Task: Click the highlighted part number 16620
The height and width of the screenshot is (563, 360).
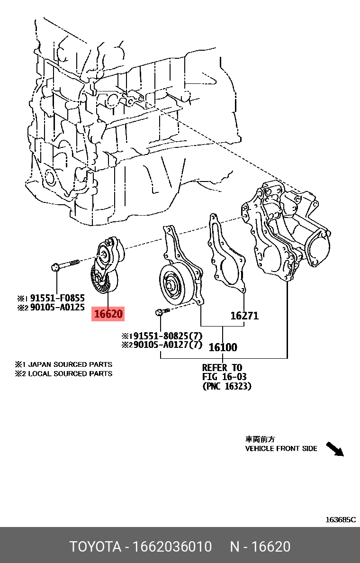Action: point(108,314)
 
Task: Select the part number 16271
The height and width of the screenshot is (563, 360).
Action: point(244,316)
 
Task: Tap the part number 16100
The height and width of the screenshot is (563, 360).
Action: point(223,347)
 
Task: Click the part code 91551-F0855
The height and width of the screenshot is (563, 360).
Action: point(57,298)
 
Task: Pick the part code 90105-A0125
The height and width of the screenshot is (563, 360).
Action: point(57,308)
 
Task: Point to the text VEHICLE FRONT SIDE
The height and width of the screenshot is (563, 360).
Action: point(281,448)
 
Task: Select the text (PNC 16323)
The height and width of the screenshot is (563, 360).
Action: point(227,386)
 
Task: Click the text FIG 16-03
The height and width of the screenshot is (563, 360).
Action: point(224,377)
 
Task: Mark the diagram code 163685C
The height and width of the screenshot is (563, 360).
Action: point(340,520)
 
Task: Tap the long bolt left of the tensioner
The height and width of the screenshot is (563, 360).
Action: point(66,264)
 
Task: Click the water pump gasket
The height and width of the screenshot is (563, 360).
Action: point(226,256)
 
